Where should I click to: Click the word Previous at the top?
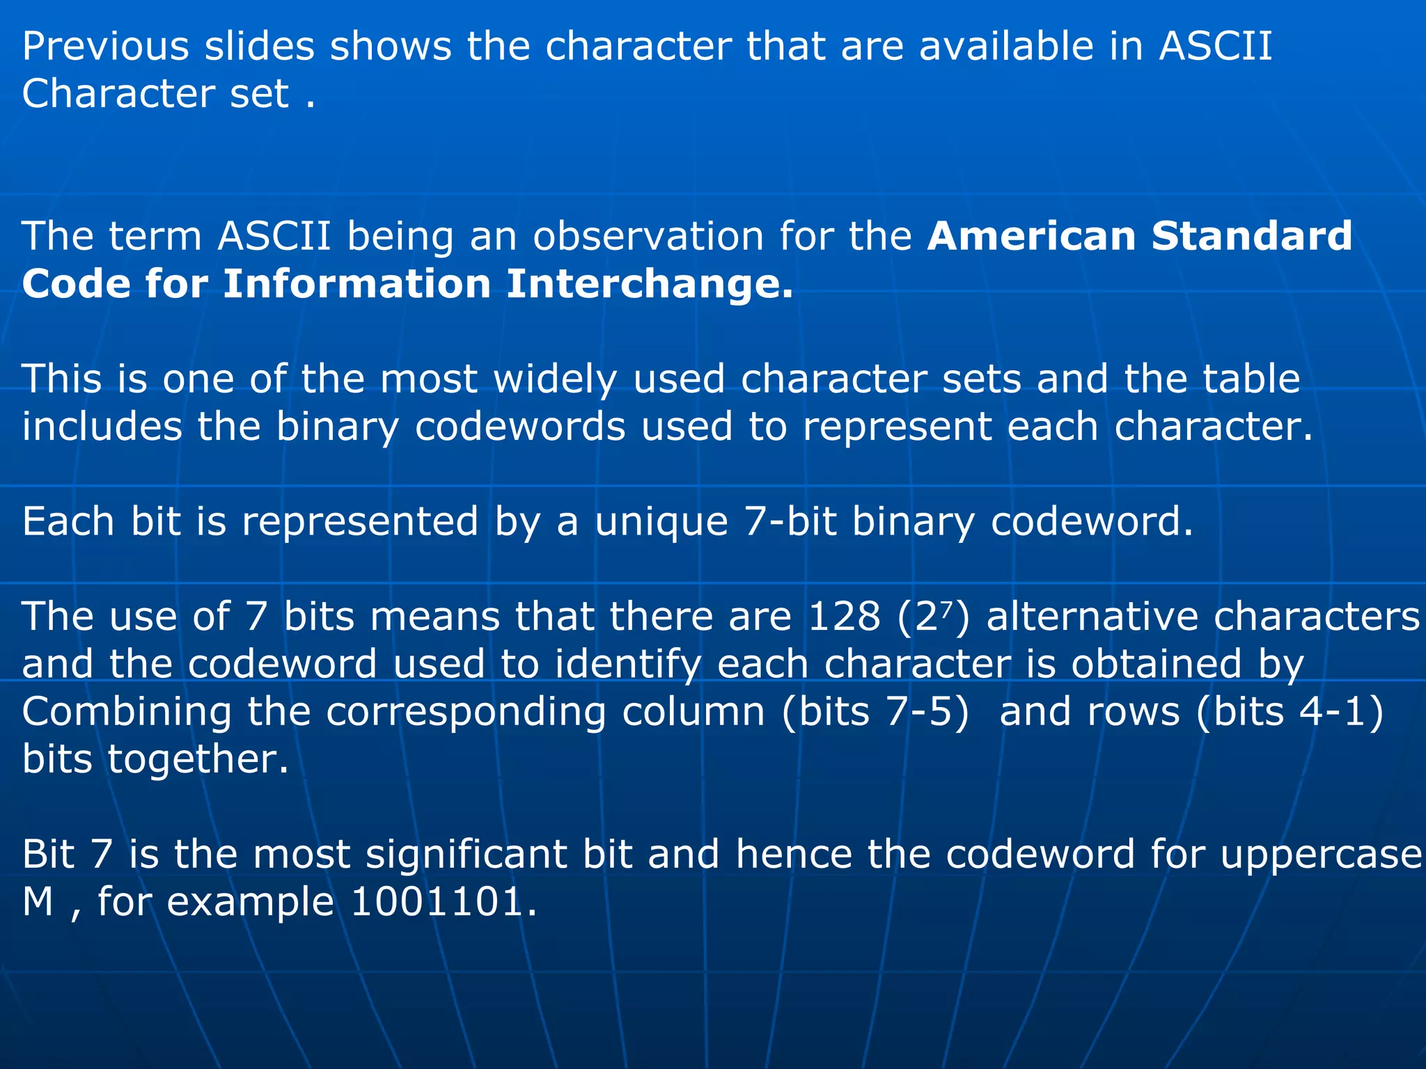click(x=105, y=47)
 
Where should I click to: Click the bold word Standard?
click(x=1251, y=236)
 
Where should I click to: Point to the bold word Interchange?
click(x=649, y=284)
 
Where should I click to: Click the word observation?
click(x=648, y=236)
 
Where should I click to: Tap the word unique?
click(x=661, y=522)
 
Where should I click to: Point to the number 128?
click(x=844, y=617)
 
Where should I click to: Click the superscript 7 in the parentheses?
click(x=949, y=607)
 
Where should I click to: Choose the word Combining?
click(x=127, y=713)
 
